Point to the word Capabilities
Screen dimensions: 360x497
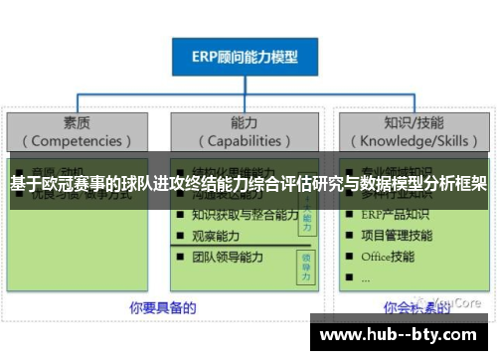[x=244, y=140]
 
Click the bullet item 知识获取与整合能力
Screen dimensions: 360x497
[x=245, y=215]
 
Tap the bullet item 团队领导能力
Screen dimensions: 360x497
[x=228, y=258]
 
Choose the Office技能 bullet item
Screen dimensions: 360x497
[x=389, y=258]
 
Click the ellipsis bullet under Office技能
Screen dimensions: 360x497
[x=367, y=277]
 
